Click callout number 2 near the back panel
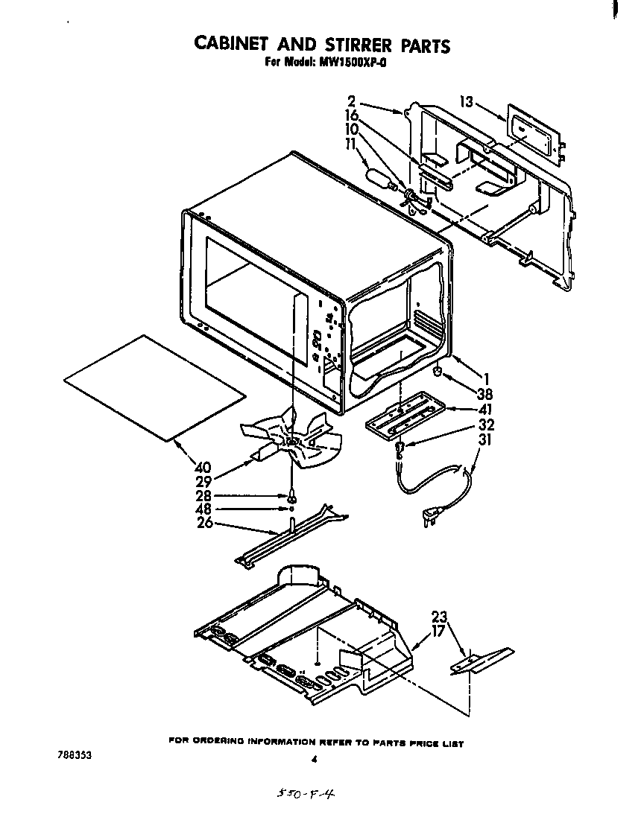point(351,101)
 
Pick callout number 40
point(202,468)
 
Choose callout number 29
point(204,482)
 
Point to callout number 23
point(440,617)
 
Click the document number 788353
point(75,754)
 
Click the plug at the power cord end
point(430,516)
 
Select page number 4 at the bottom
point(315,760)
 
